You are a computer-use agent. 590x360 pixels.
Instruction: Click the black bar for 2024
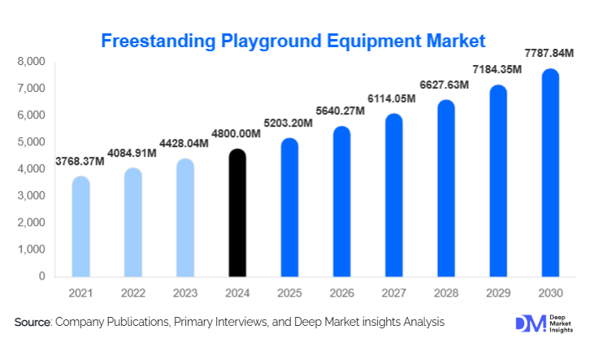236,213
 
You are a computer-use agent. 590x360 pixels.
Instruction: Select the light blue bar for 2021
80,227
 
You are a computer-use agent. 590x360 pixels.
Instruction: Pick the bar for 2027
393,195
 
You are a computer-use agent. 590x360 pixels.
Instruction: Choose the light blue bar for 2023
184,218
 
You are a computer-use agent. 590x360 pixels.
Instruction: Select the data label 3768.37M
80,162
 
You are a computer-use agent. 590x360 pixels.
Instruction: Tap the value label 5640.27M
341,112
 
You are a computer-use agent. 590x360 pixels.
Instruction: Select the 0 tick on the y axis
41,276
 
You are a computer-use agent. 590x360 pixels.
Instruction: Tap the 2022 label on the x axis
132,292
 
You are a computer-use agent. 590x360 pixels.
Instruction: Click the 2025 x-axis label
289,292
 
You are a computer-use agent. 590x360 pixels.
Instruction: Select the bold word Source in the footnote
33,323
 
